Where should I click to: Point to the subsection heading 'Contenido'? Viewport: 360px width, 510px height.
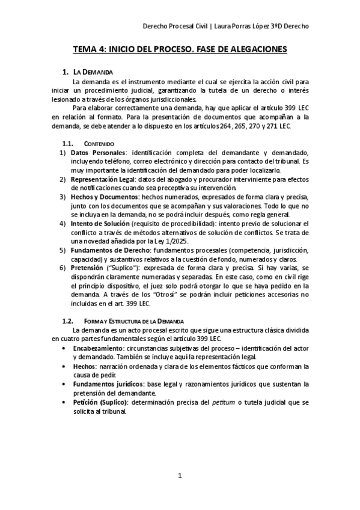point(99,144)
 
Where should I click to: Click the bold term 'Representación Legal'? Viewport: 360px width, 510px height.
point(103,179)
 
